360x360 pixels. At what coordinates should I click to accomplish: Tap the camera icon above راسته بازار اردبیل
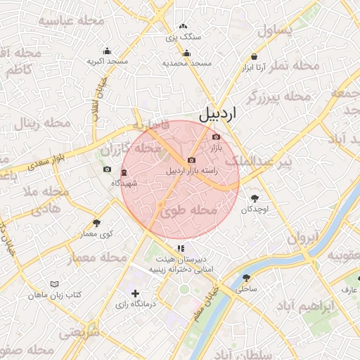pyautogui.click(x=191, y=160)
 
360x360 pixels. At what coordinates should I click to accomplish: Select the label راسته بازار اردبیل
pyautogui.click(x=192, y=171)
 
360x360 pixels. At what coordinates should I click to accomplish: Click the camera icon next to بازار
pyautogui.click(x=216, y=136)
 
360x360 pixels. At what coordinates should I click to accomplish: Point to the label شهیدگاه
pyautogui.click(x=124, y=183)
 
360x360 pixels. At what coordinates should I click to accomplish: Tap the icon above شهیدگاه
pyautogui.click(x=124, y=173)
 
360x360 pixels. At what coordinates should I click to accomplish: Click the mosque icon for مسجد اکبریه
pyautogui.click(x=107, y=51)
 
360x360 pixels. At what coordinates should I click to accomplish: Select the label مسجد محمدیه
pyautogui.click(x=187, y=63)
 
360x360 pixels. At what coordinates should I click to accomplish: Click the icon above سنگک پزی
pyautogui.click(x=184, y=26)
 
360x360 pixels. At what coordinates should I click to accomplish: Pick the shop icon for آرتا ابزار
pyautogui.click(x=254, y=57)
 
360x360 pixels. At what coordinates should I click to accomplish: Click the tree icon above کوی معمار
pyautogui.click(x=96, y=223)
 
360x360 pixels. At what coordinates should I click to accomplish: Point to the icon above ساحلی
pyautogui.click(x=245, y=278)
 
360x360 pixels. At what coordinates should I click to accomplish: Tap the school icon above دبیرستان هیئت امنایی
pyautogui.click(x=181, y=248)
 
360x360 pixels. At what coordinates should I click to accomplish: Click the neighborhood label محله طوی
pyautogui.click(x=188, y=210)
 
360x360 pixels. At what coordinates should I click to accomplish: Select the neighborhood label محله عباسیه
pyautogui.click(x=71, y=20)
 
